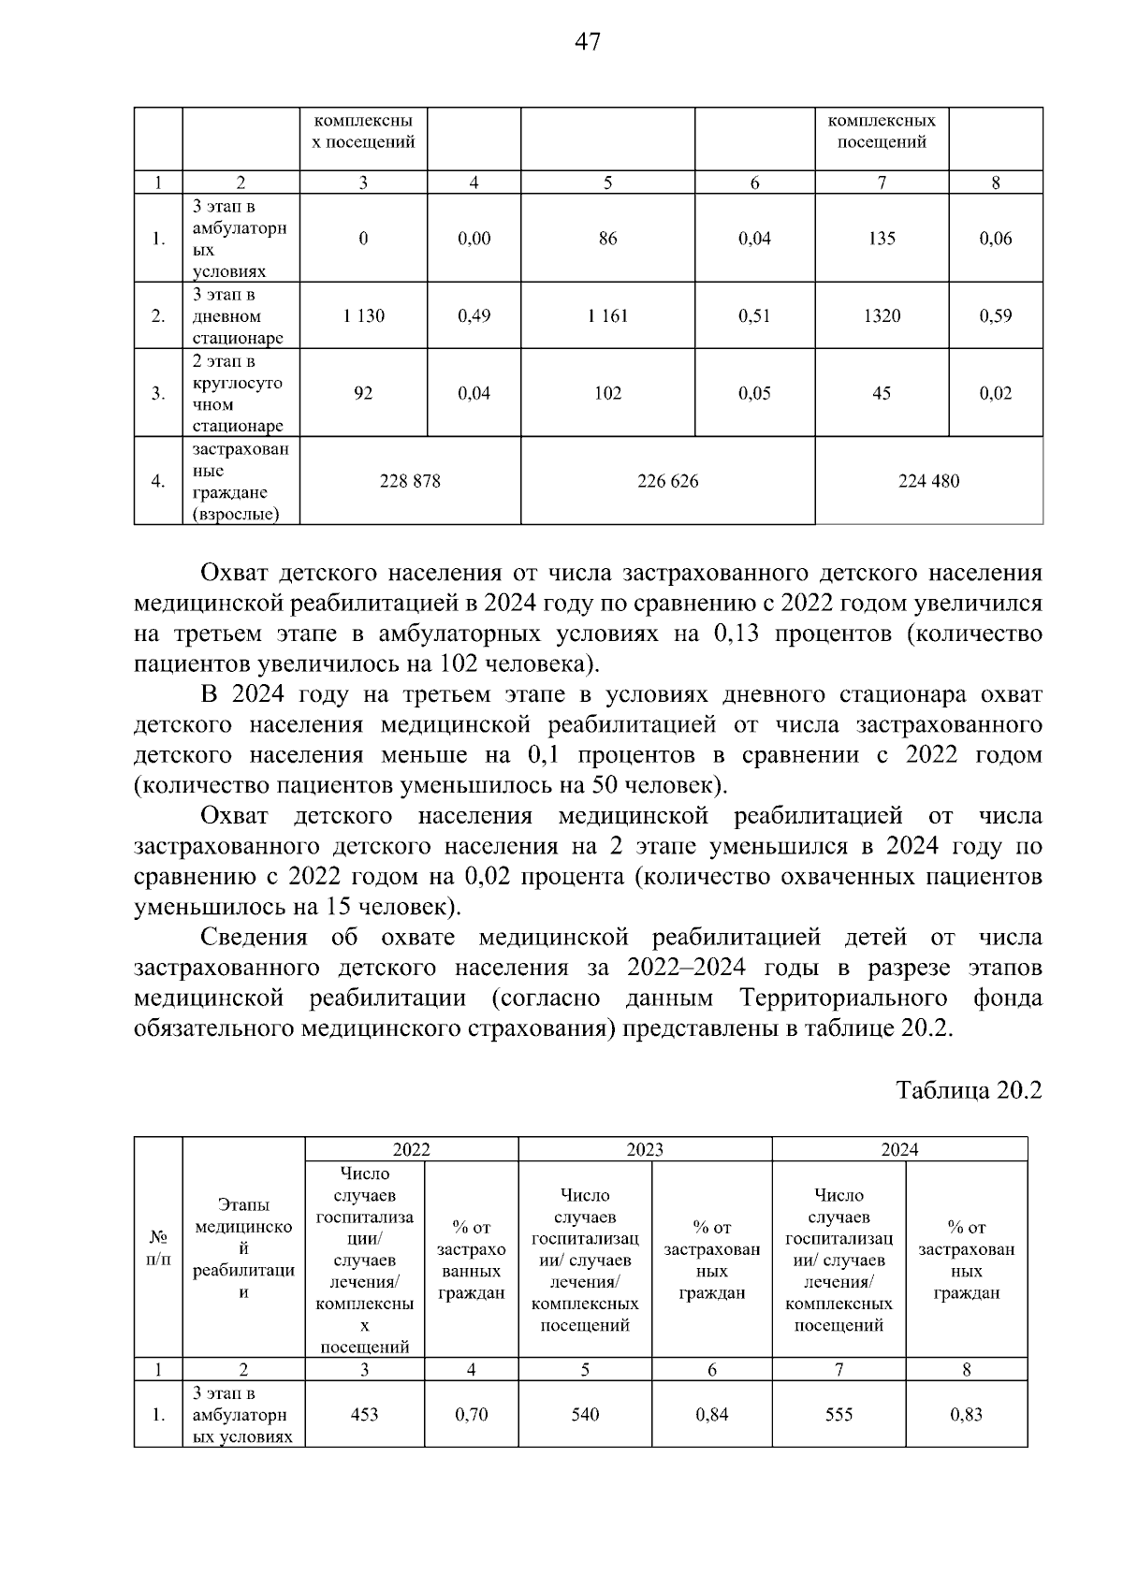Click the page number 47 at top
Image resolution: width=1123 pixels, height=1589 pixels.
tap(588, 42)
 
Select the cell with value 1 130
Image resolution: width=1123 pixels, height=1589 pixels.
tap(363, 316)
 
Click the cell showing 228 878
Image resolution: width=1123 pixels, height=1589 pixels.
tap(410, 481)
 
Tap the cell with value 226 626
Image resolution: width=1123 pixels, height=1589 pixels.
tap(667, 481)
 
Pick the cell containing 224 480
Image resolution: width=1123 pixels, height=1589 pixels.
tap(928, 481)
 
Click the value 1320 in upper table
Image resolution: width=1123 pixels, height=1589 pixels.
tap(882, 316)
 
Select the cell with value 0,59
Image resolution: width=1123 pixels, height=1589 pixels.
tap(996, 316)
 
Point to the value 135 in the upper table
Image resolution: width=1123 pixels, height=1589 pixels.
tap(882, 239)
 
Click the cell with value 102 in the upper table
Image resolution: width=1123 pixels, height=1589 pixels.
tap(607, 394)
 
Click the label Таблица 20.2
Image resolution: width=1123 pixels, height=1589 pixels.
tap(969, 1091)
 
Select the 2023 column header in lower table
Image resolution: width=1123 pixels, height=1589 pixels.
tap(645, 1150)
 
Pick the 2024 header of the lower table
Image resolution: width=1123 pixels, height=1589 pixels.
tap(899, 1150)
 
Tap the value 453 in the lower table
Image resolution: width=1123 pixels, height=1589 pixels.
tap(364, 1415)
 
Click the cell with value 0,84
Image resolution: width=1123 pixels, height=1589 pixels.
tap(712, 1415)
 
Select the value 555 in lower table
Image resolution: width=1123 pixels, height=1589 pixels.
tap(839, 1415)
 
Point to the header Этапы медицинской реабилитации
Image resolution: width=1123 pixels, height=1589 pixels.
tap(243, 1248)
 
